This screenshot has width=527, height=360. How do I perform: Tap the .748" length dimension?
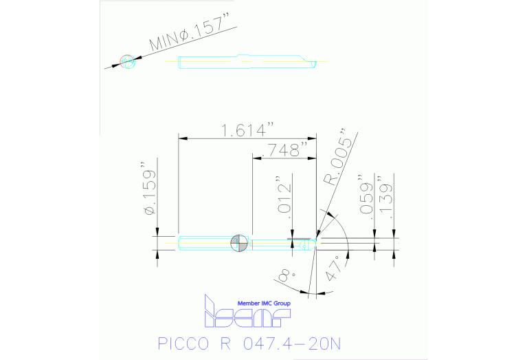point(284,149)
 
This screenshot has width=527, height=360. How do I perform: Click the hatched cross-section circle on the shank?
point(239,242)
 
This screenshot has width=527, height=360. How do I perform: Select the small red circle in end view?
point(126,61)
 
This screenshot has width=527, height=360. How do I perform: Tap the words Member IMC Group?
point(264,303)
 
